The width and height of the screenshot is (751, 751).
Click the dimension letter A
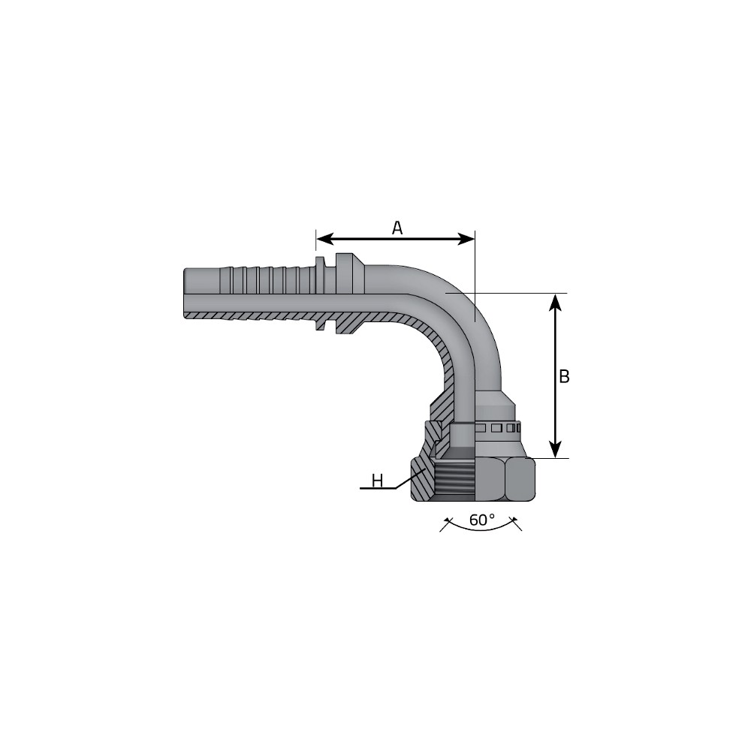coord(397,228)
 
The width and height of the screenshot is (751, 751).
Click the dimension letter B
coord(564,376)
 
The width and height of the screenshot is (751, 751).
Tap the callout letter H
coord(378,481)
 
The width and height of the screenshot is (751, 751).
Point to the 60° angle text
coord(482,520)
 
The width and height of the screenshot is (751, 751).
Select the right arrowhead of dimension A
coord(466,239)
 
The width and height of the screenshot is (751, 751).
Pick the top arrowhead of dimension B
coord(555,302)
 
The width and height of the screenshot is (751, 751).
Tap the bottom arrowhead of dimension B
coord(555,450)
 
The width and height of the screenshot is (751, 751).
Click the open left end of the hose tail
coord(185,293)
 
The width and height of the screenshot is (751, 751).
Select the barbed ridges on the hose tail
coord(267,279)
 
